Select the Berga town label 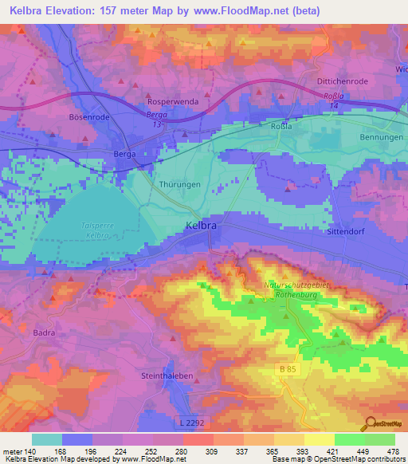tap(125, 154)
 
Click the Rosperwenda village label tap(173, 102)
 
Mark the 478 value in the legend tap(393, 451)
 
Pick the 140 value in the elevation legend tap(31, 451)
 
